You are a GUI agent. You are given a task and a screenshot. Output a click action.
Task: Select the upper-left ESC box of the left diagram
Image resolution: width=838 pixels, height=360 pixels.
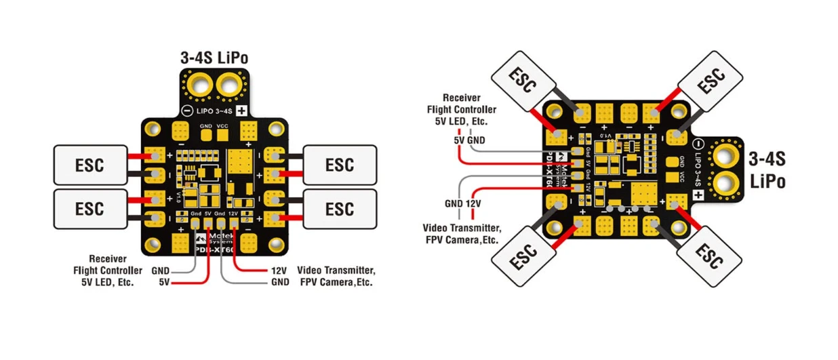(x=89, y=164)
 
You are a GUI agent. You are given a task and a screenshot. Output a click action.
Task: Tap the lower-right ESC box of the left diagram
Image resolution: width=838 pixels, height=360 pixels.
(x=339, y=207)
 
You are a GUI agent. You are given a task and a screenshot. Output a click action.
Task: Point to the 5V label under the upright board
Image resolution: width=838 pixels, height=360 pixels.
(x=165, y=281)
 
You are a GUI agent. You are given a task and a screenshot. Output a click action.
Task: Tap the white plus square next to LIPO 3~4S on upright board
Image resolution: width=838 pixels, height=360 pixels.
(x=240, y=111)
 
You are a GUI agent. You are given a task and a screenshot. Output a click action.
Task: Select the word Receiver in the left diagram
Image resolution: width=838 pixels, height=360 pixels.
(x=109, y=258)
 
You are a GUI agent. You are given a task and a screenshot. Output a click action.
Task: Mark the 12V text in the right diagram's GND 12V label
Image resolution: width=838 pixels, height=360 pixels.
(x=472, y=203)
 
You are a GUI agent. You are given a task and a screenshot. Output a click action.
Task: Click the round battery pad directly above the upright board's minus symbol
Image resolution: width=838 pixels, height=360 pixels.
(x=199, y=86)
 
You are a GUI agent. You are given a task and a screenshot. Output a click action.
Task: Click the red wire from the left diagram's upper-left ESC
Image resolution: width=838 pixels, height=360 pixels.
(x=138, y=156)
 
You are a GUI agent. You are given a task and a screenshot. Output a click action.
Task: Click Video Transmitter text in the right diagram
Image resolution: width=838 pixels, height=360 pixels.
(x=462, y=227)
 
